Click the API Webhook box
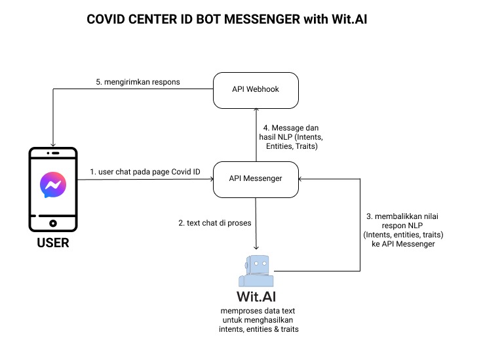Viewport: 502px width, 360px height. click(256, 90)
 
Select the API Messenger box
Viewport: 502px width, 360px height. click(256, 177)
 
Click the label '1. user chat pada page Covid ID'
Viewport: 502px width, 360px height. click(145, 172)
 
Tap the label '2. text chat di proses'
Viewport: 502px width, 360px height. click(215, 223)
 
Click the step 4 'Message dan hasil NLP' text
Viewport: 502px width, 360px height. click(292, 137)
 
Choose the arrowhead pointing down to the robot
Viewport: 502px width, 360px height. click(256, 244)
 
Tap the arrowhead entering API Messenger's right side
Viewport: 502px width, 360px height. click(301, 177)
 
